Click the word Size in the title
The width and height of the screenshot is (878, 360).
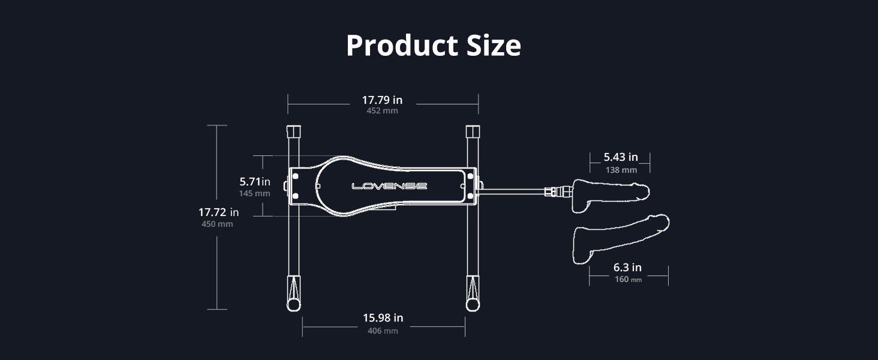point(494,46)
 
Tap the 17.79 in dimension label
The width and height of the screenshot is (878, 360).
point(382,100)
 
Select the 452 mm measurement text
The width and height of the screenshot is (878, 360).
point(382,110)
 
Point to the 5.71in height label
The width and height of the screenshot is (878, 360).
point(255,182)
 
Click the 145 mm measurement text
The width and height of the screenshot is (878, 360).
point(254,193)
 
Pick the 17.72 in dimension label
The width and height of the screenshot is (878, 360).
point(218,212)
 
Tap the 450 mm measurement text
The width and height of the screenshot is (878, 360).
point(217,224)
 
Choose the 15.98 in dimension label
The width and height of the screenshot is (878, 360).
point(383,317)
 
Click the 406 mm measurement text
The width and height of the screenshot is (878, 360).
point(383,331)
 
